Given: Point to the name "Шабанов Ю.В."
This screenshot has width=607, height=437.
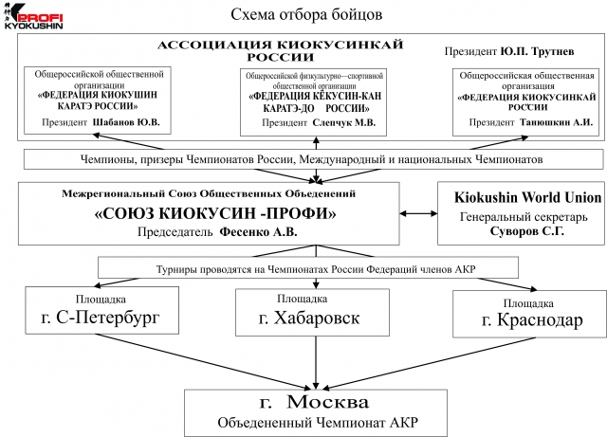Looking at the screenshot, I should pyautogui.click(x=128, y=121).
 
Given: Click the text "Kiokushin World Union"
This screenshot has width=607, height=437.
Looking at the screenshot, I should pyautogui.click(x=519, y=197).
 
